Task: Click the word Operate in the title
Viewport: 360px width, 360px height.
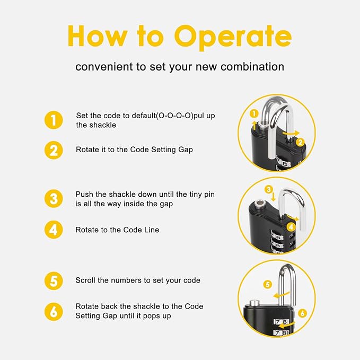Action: tap(233, 38)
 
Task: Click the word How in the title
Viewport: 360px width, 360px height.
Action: tap(98, 36)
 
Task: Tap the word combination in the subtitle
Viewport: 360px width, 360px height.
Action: tap(252, 67)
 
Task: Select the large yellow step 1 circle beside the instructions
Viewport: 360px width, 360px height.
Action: tap(54, 120)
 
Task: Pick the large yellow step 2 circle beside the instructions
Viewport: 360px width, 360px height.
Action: tap(54, 151)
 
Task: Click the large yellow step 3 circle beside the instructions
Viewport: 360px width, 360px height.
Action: tap(54, 199)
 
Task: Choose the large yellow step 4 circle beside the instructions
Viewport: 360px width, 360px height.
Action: tap(54, 230)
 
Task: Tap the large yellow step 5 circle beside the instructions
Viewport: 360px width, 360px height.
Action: tap(54, 281)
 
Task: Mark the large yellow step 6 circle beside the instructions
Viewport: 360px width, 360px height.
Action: tap(54, 312)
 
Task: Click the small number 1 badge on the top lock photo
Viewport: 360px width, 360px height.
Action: tap(254, 113)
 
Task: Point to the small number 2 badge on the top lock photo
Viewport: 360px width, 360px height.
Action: tap(300, 142)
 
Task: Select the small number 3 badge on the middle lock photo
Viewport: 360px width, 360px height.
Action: tap(269, 189)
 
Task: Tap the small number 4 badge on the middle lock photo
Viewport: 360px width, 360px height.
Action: tap(291, 227)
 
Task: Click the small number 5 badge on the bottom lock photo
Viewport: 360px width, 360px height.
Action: tap(267, 285)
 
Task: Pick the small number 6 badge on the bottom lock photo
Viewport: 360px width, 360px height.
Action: tap(302, 313)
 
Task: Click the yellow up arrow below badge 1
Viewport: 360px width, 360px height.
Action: tap(254, 126)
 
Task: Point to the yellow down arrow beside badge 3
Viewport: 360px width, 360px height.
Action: tap(273, 197)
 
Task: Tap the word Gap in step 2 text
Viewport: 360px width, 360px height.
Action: tap(186, 150)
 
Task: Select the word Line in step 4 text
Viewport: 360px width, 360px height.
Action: tap(152, 230)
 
